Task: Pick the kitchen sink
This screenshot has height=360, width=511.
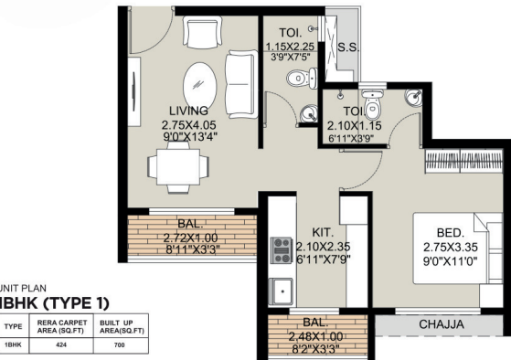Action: click(282, 292)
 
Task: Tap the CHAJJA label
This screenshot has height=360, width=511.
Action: click(442, 323)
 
